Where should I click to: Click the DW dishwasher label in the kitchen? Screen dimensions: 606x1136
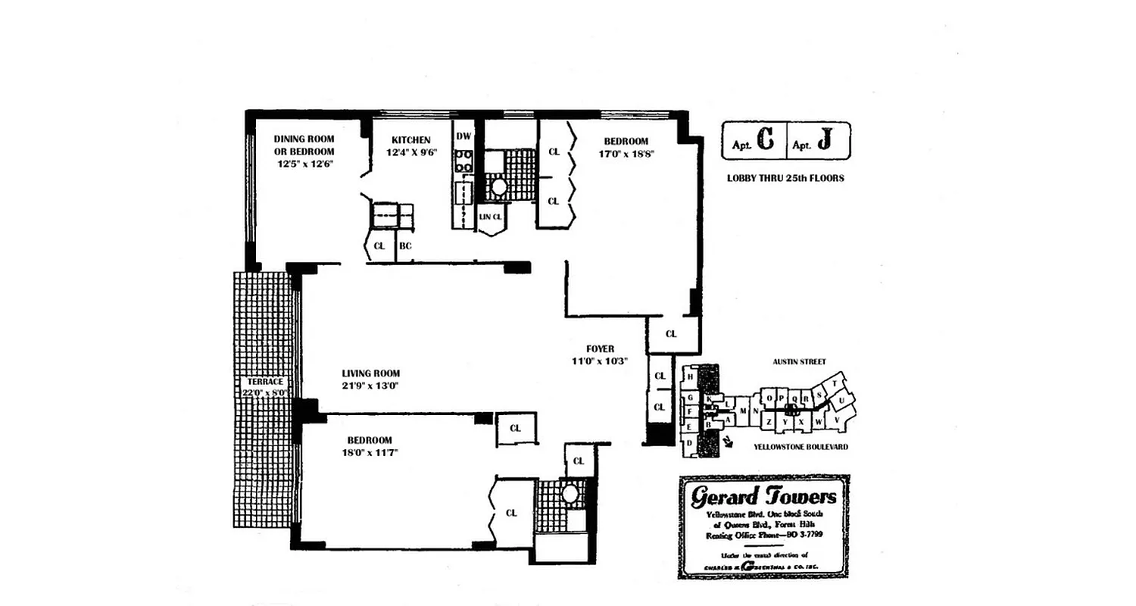coord(463,136)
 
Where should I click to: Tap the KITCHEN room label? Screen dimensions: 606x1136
coord(410,140)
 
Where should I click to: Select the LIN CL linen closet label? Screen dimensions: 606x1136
coord(490,217)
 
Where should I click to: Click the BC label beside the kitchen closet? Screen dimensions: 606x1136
coord(405,246)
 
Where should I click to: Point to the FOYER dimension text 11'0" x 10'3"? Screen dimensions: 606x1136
coord(600,361)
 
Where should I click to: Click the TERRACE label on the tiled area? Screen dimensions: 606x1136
coord(264,382)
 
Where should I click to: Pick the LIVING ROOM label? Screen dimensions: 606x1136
coord(370,373)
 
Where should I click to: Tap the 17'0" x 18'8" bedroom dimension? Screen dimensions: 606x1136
coord(626,153)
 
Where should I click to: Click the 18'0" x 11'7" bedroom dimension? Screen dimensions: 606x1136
coord(370,452)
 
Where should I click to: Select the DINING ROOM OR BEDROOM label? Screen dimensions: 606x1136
coord(304,145)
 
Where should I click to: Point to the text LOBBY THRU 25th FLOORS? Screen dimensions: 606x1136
coord(785,179)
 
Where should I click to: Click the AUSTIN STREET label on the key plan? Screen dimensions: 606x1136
coord(800,362)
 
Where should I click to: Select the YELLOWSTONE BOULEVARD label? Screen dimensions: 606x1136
coord(801,447)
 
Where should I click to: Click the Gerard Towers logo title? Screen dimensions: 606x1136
coord(763,497)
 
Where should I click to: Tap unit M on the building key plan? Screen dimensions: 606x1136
coord(744,411)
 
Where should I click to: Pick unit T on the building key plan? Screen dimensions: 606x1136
coord(835,384)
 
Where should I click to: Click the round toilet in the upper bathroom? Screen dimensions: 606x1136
coord(498,186)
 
